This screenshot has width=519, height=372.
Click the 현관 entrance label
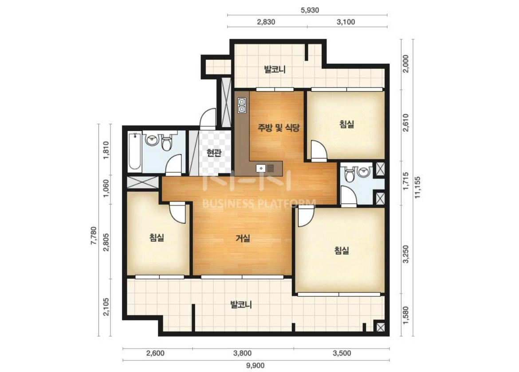214,153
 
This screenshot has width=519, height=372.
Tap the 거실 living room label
243,238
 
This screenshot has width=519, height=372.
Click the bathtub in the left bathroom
135,151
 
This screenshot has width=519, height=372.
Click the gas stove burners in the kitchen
242,105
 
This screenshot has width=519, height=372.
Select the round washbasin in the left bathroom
152,140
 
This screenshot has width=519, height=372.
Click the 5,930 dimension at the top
310,10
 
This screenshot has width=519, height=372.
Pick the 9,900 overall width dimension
256,365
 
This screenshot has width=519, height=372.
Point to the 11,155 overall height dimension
417,187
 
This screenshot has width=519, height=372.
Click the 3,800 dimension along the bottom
242,353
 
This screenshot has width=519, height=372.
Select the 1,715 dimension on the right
406,181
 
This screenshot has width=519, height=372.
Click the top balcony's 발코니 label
275,70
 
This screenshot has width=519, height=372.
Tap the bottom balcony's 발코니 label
241,304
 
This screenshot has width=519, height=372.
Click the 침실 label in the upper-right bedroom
346,124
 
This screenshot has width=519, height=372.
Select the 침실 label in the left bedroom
157,237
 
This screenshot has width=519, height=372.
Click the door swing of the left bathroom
173,164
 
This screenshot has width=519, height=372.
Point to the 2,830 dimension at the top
266,22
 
